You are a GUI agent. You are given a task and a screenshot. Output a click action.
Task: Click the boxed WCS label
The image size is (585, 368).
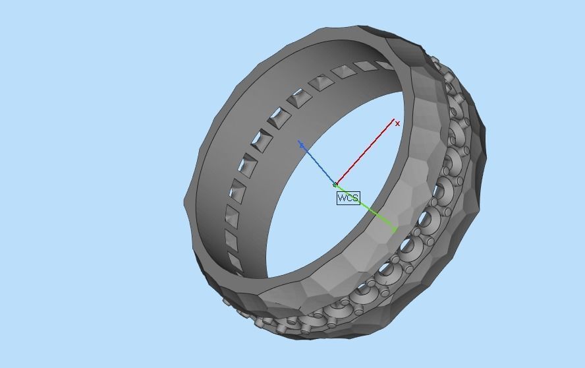tap(348, 198)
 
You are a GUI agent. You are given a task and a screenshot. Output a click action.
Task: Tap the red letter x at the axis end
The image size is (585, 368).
tap(397, 123)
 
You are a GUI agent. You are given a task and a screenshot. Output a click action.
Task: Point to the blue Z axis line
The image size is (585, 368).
tap(318, 164)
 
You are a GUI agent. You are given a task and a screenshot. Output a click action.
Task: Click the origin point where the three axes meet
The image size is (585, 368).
tap(335, 185)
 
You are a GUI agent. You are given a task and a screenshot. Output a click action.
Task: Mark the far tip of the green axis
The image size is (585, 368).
tap(395, 231)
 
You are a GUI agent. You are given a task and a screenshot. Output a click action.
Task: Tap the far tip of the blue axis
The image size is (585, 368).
tap(300, 143)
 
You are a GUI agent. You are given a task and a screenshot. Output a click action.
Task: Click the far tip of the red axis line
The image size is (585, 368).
tap(393, 121)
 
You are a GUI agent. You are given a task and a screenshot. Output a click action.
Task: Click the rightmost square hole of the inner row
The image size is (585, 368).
tap(385, 65)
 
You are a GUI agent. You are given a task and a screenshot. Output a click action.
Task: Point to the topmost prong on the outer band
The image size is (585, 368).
tap(435, 61)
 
